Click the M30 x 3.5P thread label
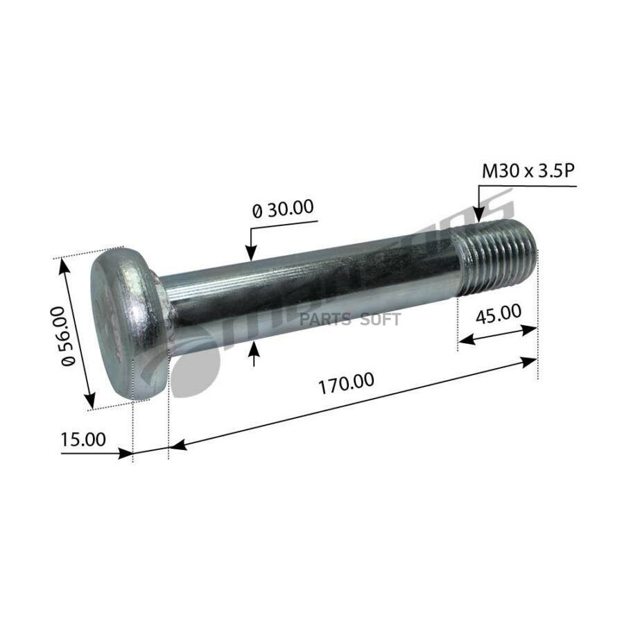click(x=528, y=171)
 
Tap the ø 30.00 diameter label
click(x=283, y=208)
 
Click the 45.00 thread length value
click(x=499, y=313)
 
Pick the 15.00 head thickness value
click(x=83, y=439)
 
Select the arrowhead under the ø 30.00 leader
click(x=251, y=254)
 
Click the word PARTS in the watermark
click(x=324, y=320)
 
